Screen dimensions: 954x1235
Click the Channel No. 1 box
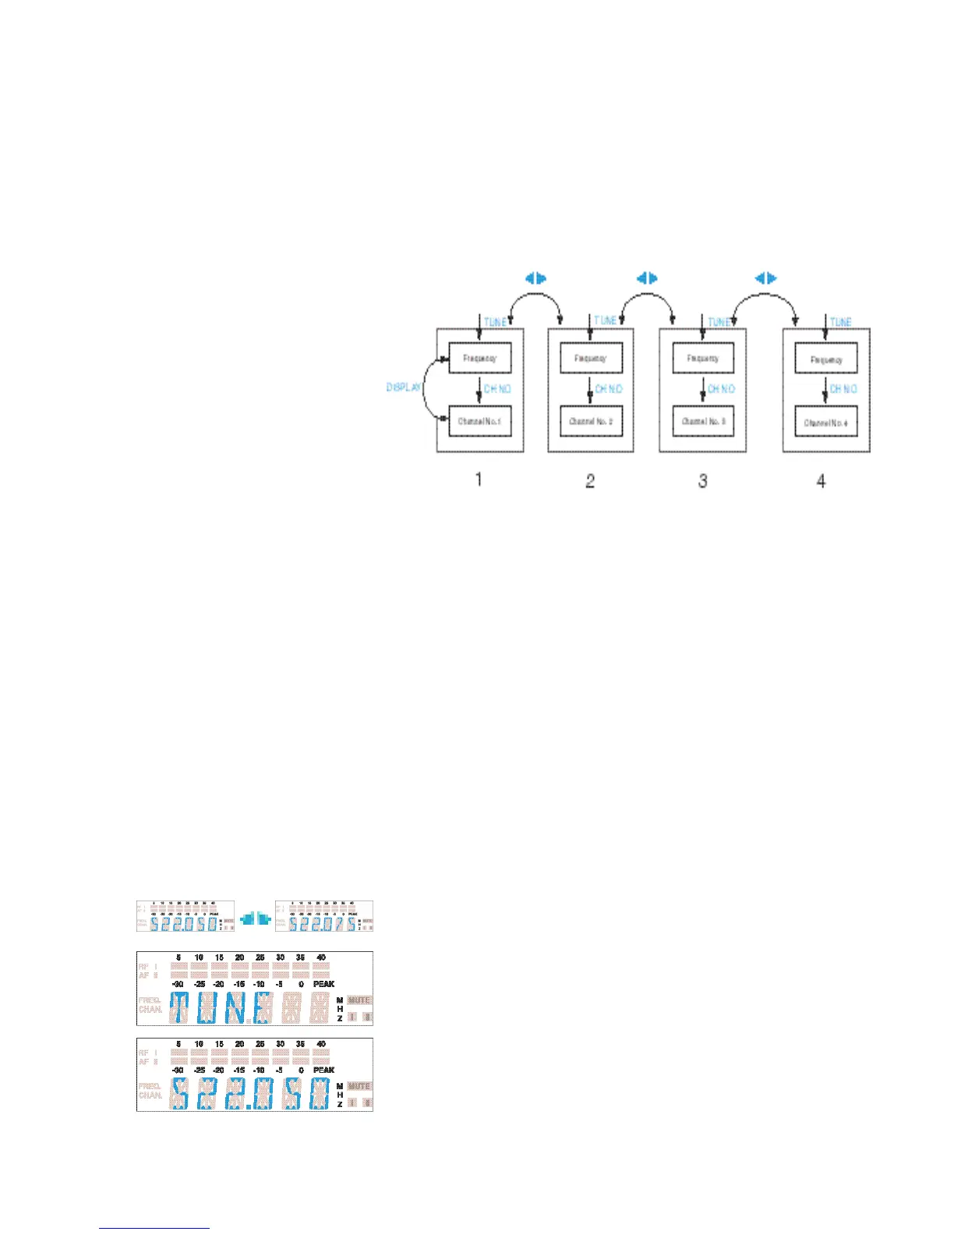click(x=479, y=421)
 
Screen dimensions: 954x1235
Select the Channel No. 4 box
click(x=825, y=423)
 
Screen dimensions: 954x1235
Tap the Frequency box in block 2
click(x=591, y=358)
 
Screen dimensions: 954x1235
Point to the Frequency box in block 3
click(x=703, y=358)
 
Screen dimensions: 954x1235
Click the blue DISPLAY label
click(x=404, y=387)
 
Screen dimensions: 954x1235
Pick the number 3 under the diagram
click(x=702, y=480)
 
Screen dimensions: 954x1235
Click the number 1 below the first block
click(x=479, y=479)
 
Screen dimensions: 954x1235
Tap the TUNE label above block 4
click(x=840, y=321)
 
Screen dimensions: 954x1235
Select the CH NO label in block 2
click(x=609, y=388)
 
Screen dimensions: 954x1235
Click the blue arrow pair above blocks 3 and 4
click(x=766, y=278)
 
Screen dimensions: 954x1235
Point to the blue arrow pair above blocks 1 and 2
click(x=535, y=278)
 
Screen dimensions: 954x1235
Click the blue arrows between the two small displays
click(x=255, y=920)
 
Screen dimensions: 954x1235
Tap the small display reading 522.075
click(x=324, y=916)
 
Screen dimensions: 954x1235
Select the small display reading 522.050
click(x=185, y=916)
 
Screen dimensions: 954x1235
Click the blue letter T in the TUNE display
click(x=178, y=1007)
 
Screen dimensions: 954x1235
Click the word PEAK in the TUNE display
click(x=323, y=984)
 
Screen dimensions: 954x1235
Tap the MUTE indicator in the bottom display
click(x=359, y=1085)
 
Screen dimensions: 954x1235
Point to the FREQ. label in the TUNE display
click(x=150, y=1000)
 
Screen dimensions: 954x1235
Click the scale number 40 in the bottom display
click(x=320, y=1043)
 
